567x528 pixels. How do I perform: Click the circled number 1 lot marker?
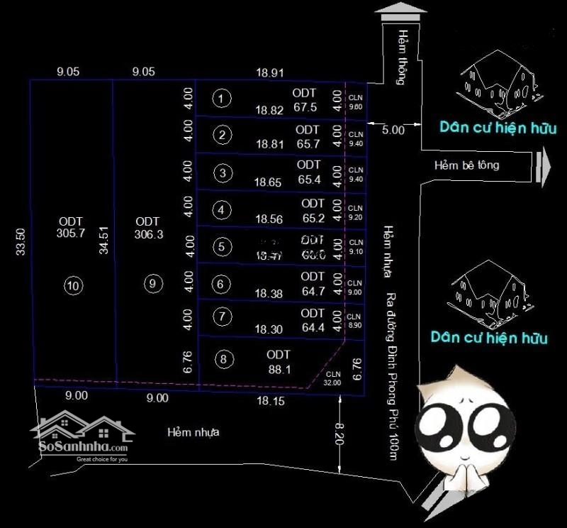[x=223, y=99]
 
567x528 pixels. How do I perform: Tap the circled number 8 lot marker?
[x=223, y=360]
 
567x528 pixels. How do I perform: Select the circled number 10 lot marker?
[x=74, y=286]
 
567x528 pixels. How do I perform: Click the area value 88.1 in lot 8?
[x=279, y=369]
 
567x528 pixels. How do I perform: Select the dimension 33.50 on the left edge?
[x=21, y=241]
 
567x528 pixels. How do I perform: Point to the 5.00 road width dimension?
[x=393, y=130]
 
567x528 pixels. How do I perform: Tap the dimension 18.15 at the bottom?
[x=271, y=401]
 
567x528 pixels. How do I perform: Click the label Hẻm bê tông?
[x=466, y=165]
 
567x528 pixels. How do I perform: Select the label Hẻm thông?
[x=400, y=67]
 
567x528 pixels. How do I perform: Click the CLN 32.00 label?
[x=333, y=378]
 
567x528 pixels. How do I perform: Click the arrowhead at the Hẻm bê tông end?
[x=544, y=165]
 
